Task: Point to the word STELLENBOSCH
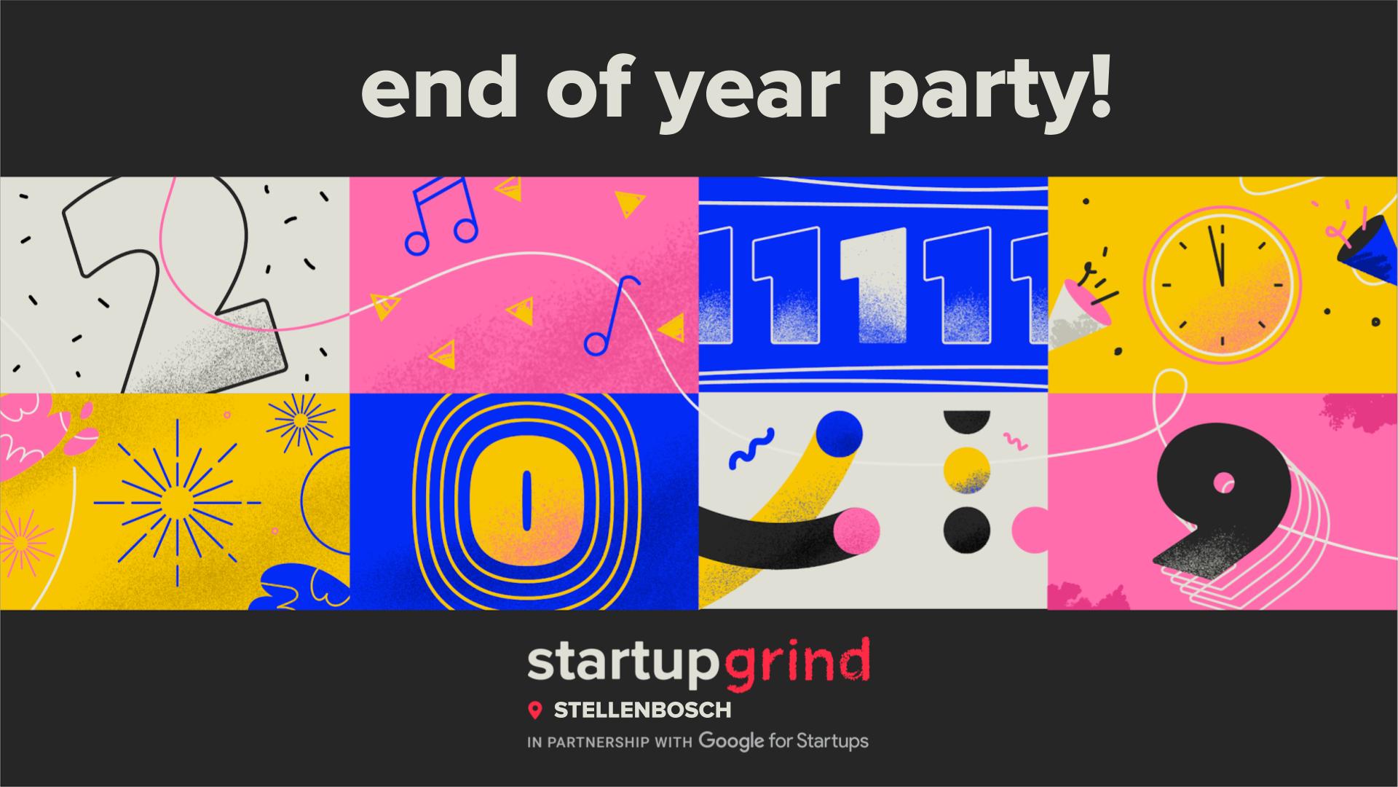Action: coord(642,709)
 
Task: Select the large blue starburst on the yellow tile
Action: coord(177,502)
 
